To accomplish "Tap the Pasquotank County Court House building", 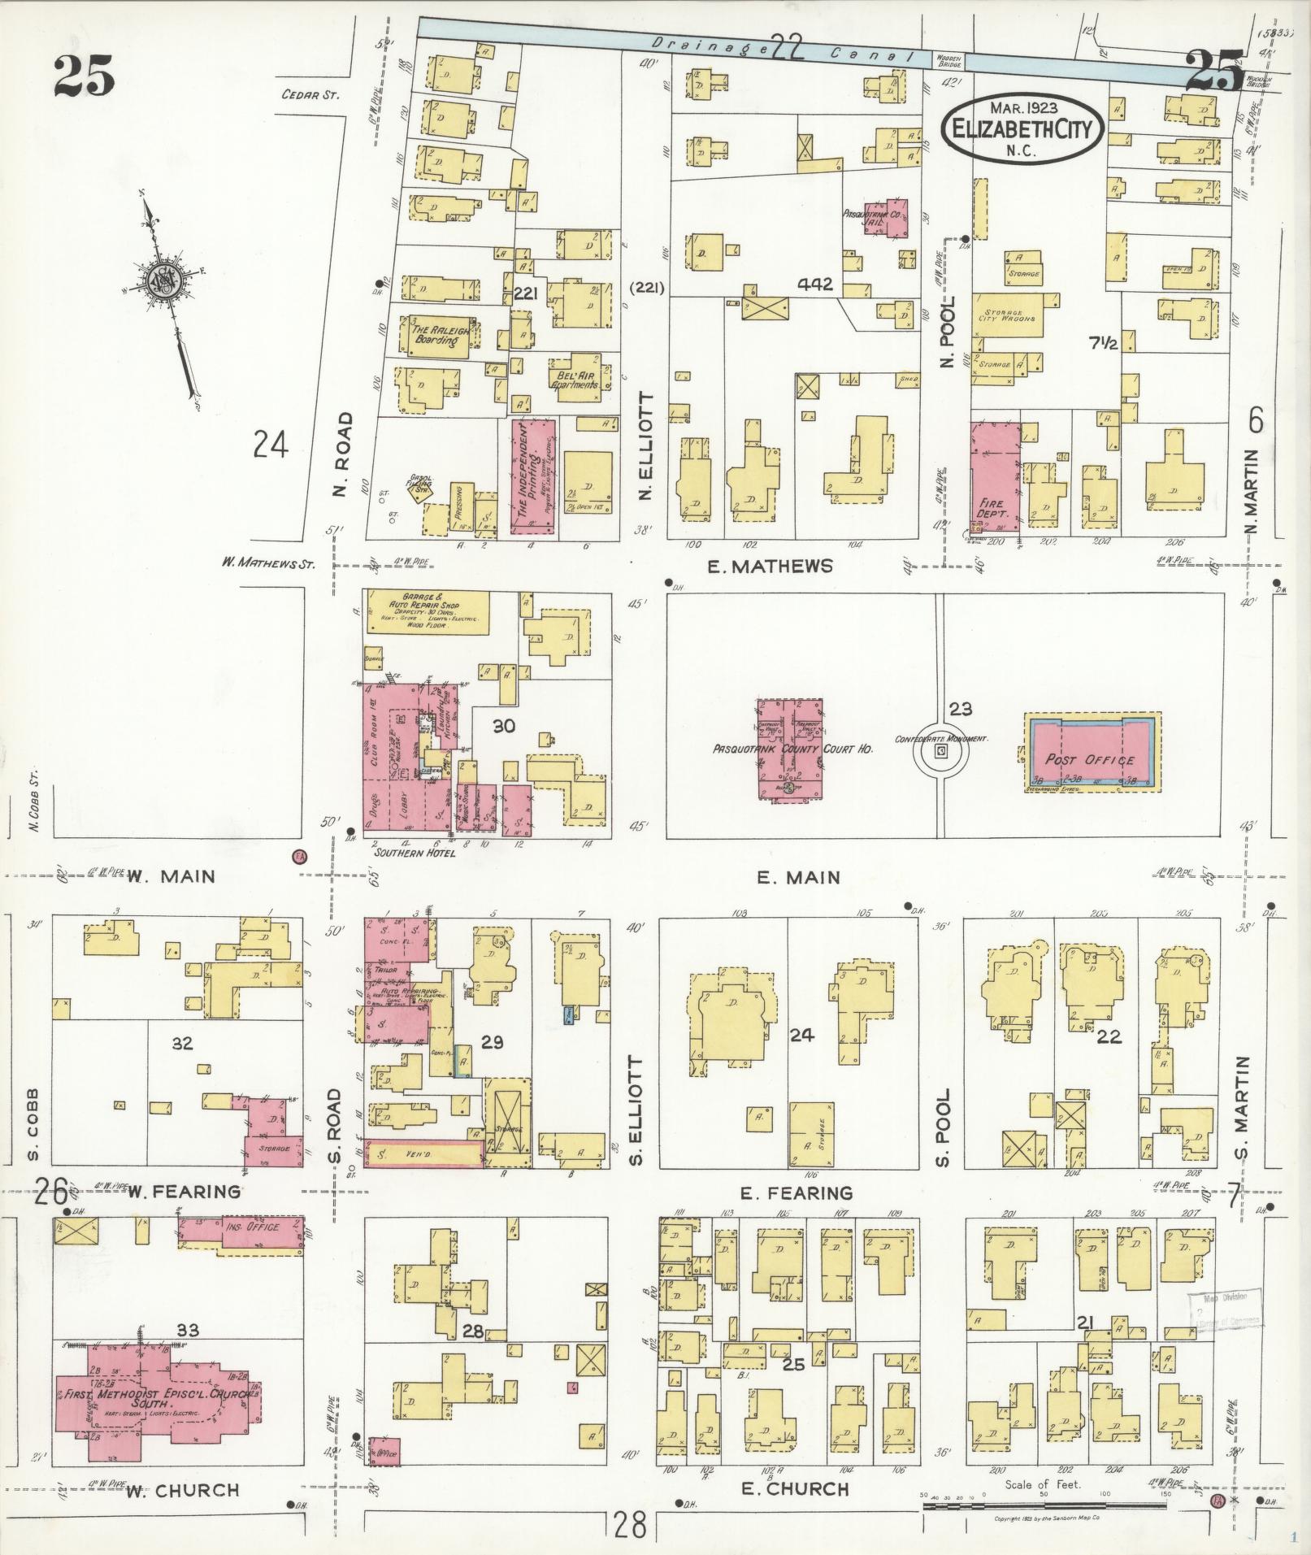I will pos(789,748).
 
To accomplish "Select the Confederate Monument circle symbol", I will pos(941,752).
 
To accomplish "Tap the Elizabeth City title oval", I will pos(1022,128).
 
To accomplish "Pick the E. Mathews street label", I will pos(770,566).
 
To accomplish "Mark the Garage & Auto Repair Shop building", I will pos(428,612).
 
